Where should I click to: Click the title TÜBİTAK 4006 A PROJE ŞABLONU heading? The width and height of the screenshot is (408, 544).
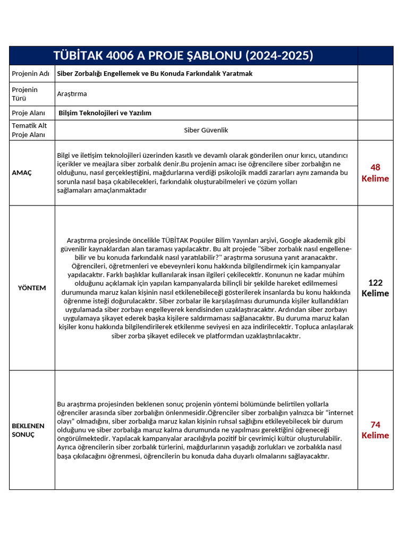[183, 56]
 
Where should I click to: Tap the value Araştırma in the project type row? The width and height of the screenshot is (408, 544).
[72, 94]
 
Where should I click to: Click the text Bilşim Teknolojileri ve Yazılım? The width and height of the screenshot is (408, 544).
[105, 113]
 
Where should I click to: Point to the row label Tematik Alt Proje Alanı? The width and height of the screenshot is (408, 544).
[29, 130]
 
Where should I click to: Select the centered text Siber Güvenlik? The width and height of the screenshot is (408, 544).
[206, 130]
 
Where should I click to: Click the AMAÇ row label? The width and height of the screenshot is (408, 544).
[22, 173]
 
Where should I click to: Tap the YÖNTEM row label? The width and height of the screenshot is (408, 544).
[32, 288]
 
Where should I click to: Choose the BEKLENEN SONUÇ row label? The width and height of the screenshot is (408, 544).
[29, 430]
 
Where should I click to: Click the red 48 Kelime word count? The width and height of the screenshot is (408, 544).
[375, 173]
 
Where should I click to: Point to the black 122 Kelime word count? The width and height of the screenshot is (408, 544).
[375, 288]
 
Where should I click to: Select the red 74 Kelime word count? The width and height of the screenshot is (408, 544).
[375, 430]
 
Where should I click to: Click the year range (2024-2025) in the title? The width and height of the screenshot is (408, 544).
[279, 56]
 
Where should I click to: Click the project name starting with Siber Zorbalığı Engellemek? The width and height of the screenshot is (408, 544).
[155, 74]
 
